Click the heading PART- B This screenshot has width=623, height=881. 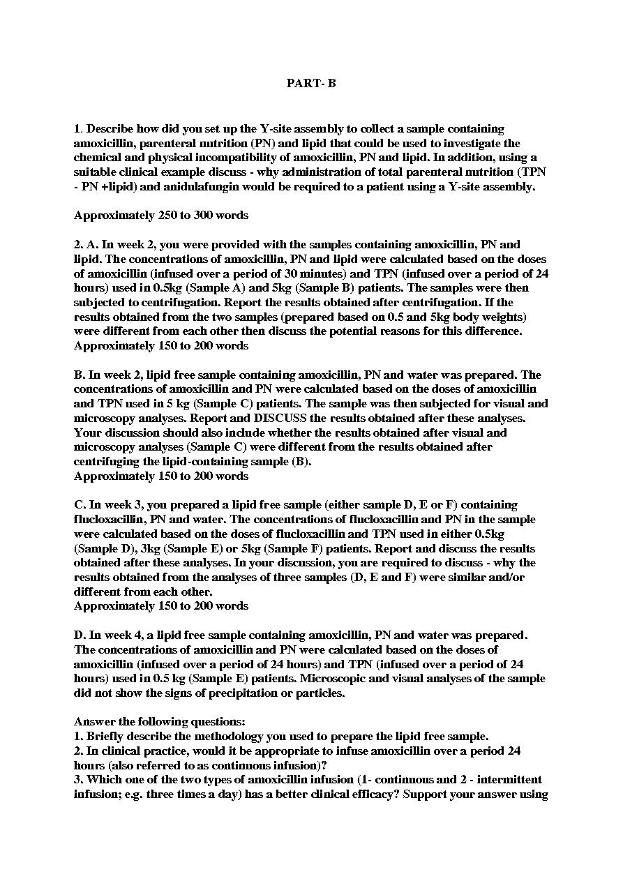[311, 83]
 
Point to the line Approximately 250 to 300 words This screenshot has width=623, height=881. [161, 216]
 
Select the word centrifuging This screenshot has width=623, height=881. [103, 461]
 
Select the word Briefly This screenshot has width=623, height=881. [103, 736]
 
